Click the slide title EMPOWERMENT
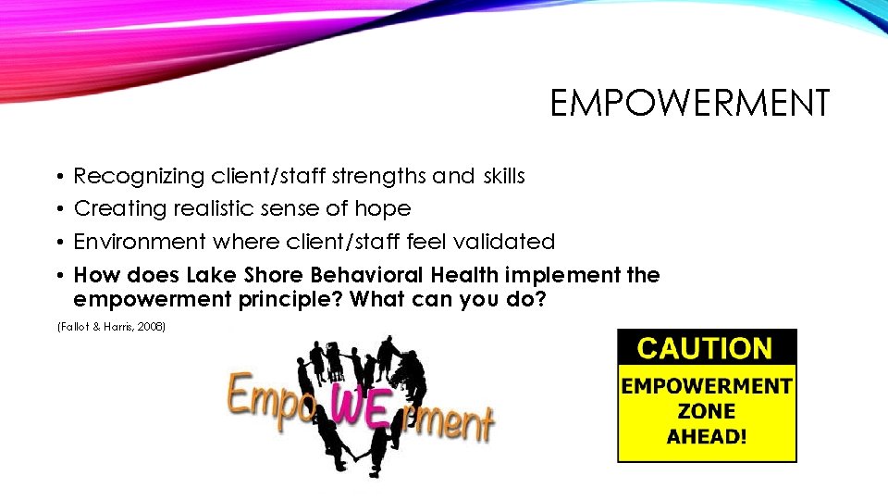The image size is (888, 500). tap(690, 104)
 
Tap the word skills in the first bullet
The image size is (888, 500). tap(503, 176)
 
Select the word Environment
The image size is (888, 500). tap(140, 243)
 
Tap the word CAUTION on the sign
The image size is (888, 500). tap(706, 348)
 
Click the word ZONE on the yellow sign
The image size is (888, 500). tap(706, 410)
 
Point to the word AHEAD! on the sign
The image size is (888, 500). tap(706, 435)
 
